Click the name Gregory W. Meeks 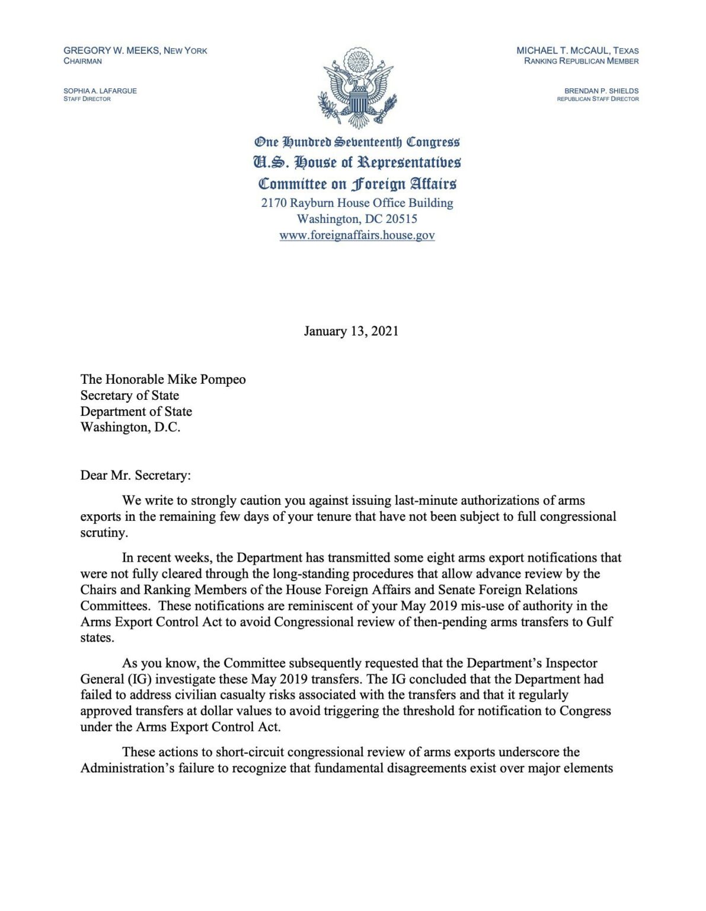[111, 51]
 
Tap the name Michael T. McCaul [563, 51]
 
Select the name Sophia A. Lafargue [100, 91]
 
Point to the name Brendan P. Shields [601, 91]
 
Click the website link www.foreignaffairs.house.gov [357, 235]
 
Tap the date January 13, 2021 [351, 331]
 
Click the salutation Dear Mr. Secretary [136, 475]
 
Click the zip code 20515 [401, 219]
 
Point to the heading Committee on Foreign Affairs [357, 183]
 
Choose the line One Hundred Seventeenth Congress [357, 142]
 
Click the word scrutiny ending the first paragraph [103, 533]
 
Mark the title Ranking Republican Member [581, 61]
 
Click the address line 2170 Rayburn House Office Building [357, 203]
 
